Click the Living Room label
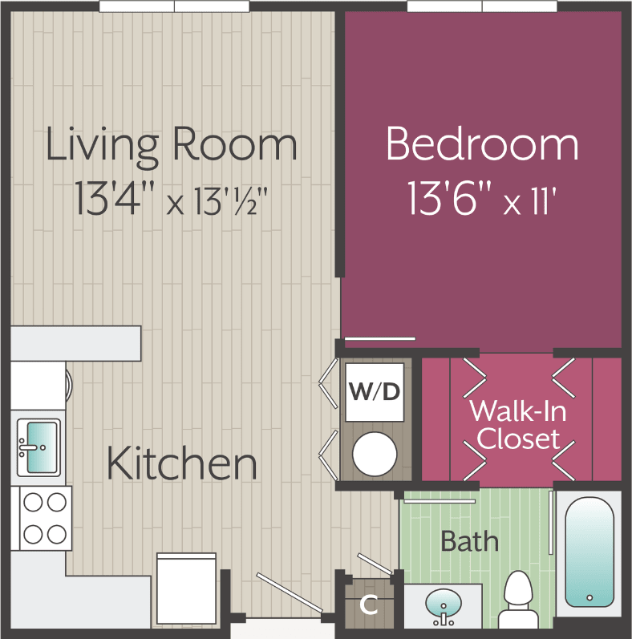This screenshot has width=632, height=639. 171,146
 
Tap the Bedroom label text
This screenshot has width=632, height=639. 482,144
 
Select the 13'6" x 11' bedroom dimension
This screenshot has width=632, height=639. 482,197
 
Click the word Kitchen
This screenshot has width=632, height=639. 182,465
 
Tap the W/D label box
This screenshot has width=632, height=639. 375,392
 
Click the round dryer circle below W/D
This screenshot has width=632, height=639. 375,454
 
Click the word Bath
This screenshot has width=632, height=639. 469,541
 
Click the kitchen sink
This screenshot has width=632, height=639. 38,447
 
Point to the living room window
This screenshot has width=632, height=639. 174,6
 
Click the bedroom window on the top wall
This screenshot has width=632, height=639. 482,6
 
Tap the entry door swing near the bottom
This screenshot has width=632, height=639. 289,593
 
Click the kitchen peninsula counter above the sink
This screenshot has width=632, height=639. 76,342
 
